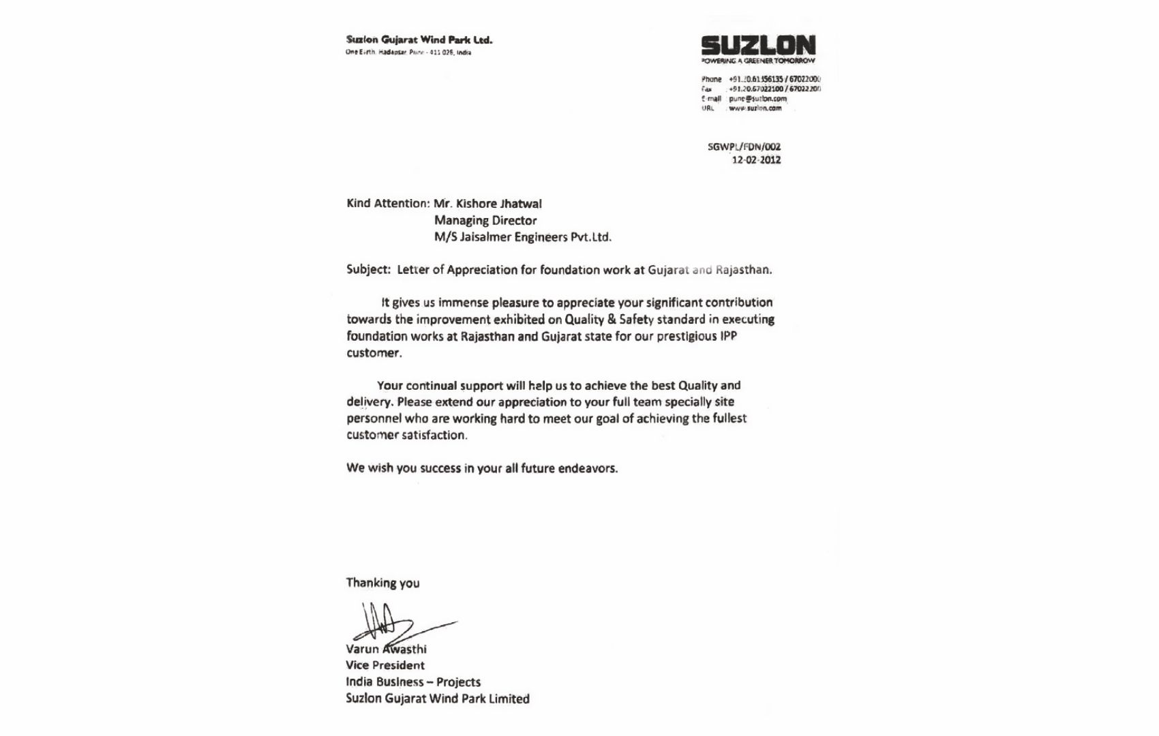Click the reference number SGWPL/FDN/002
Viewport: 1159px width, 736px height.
click(744, 147)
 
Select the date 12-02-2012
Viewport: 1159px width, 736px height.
click(756, 160)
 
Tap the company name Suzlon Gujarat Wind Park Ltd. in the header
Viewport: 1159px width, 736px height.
click(419, 40)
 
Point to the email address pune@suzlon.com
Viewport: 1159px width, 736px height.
click(757, 99)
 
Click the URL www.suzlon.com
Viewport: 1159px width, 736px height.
click(755, 108)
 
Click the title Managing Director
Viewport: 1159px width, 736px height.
click(485, 221)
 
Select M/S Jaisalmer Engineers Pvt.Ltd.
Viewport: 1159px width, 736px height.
click(523, 237)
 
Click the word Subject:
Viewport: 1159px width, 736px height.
click(368, 269)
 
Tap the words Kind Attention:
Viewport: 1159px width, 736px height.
click(388, 204)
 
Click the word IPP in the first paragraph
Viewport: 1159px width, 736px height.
click(728, 336)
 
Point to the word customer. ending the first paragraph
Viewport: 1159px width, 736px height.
click(374, 353)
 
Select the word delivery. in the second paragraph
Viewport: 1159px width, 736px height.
click(370, 402)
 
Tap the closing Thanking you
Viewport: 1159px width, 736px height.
click(382, 583)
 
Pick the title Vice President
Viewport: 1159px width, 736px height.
click(385, 666)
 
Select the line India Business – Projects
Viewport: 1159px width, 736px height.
click(413, 682)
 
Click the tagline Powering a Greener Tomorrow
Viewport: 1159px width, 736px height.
click(758, 61)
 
